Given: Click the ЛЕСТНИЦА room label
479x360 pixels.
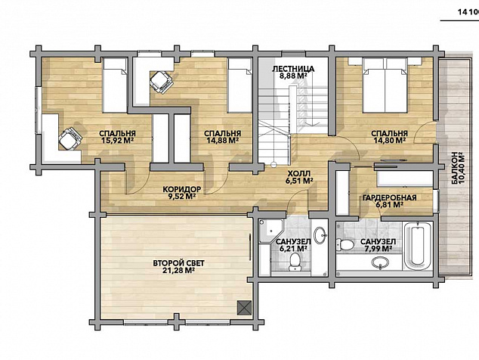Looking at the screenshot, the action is (x=293, y=69).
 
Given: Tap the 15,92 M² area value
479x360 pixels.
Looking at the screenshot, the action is (x=118, y=141).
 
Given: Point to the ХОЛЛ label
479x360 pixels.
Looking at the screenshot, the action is (x=299, y=173).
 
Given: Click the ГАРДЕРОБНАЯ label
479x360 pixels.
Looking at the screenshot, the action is (x=390, y=197).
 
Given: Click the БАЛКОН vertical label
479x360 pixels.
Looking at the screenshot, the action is (x=455, y=169).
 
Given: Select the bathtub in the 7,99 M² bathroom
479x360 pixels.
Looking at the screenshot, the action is (x=419, y=247).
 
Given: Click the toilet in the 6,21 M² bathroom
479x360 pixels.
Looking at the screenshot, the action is (x=295, y=262).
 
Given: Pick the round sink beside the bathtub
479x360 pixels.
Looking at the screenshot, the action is (x=380, y=262).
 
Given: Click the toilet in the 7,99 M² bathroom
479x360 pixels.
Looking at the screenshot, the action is (x=345, y=244).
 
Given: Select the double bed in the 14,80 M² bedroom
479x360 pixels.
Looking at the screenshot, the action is (x=385, y=85).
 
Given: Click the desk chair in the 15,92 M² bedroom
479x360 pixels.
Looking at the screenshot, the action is (x=70, y=139).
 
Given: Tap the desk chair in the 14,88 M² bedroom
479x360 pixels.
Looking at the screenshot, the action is (x=161, y=82).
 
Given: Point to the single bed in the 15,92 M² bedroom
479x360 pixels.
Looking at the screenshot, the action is (x=115, y=85).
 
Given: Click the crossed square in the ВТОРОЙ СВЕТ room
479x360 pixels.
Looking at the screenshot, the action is (x=245, y=307).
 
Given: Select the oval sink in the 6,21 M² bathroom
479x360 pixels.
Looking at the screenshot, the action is (x=320, y=235).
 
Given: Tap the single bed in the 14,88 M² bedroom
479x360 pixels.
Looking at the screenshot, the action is (x=239, y=85).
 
